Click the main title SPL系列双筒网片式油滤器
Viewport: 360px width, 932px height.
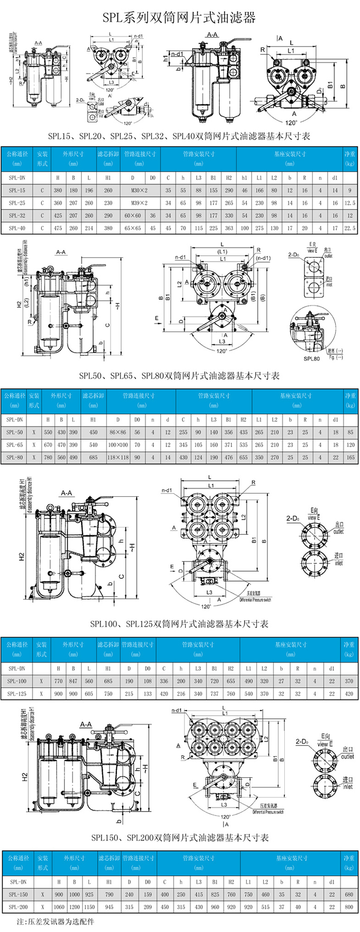179,18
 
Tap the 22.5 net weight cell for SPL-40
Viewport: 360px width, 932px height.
349,228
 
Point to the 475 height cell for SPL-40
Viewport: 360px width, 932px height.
58,228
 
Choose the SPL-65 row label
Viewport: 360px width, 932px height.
14,445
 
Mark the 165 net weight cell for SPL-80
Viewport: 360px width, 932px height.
350,458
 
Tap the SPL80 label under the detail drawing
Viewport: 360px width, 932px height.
311,359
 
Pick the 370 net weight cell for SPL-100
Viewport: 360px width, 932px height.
349,681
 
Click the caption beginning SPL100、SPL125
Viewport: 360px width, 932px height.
179,624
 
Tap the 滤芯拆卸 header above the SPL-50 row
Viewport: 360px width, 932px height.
93,400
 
